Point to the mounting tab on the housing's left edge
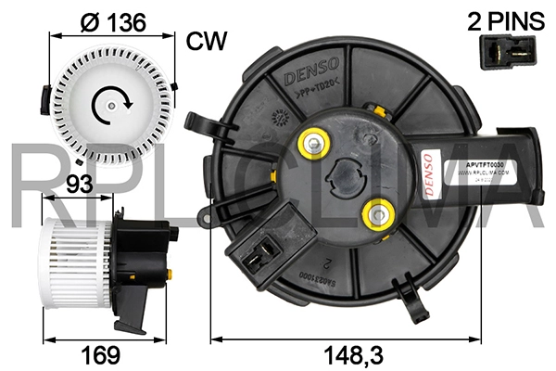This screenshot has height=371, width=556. (197, 122)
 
